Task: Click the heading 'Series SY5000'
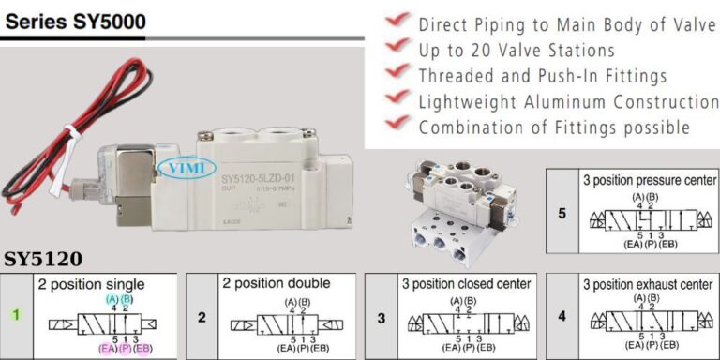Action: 75,21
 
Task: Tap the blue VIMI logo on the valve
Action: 178,168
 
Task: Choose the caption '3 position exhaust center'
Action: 648,283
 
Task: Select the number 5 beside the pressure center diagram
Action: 562,214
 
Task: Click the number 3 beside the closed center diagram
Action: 382,317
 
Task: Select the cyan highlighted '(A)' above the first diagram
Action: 112,298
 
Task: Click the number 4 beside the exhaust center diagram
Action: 562,317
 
